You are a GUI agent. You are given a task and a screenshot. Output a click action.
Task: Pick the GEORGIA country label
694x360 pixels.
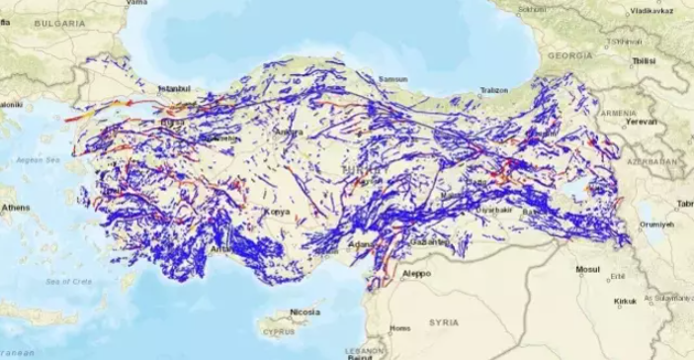click(573, 56)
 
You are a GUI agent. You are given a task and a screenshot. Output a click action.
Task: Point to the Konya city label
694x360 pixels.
click(278, 212)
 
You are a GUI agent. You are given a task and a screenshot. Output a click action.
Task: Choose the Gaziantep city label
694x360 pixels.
click(428, 242)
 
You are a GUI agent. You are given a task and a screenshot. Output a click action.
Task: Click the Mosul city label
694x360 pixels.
click(589, 269)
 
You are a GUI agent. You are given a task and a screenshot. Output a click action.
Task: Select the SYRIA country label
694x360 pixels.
click(444, 321)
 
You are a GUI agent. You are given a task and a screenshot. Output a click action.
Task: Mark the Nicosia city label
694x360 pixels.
click(304, 313)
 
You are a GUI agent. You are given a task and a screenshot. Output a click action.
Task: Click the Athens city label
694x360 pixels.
click(15, 208)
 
